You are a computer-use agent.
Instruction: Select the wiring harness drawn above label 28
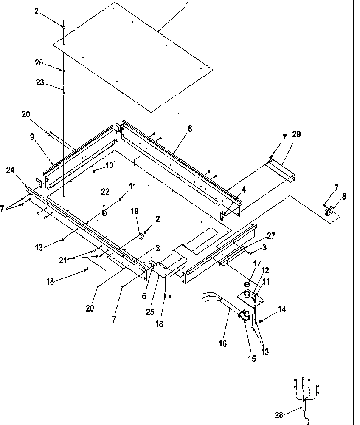point(305,393)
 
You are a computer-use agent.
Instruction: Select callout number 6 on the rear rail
point(190,129)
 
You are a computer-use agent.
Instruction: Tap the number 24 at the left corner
point(11,170)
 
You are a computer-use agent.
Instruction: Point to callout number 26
point(39,62)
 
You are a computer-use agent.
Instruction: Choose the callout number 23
point(40,82)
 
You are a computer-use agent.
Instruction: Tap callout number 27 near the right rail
point(271,236)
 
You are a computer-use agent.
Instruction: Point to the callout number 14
point(282,309)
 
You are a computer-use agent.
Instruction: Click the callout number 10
point(110,165)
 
